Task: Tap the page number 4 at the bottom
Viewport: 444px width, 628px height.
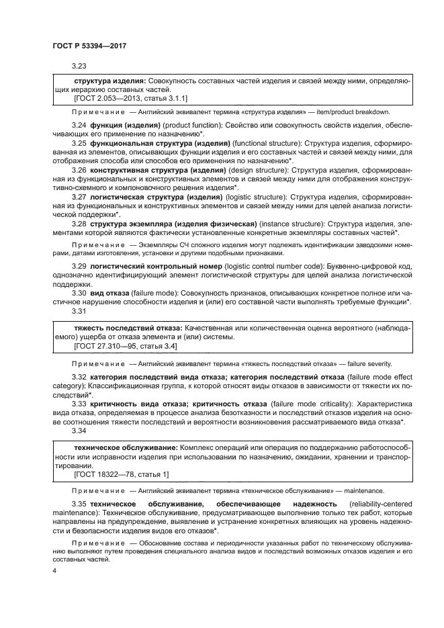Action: click(x=55, y=570)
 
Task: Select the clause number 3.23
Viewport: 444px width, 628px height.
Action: click(x=79, y=66)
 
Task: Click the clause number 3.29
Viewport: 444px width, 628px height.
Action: click(x=79, y=267)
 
